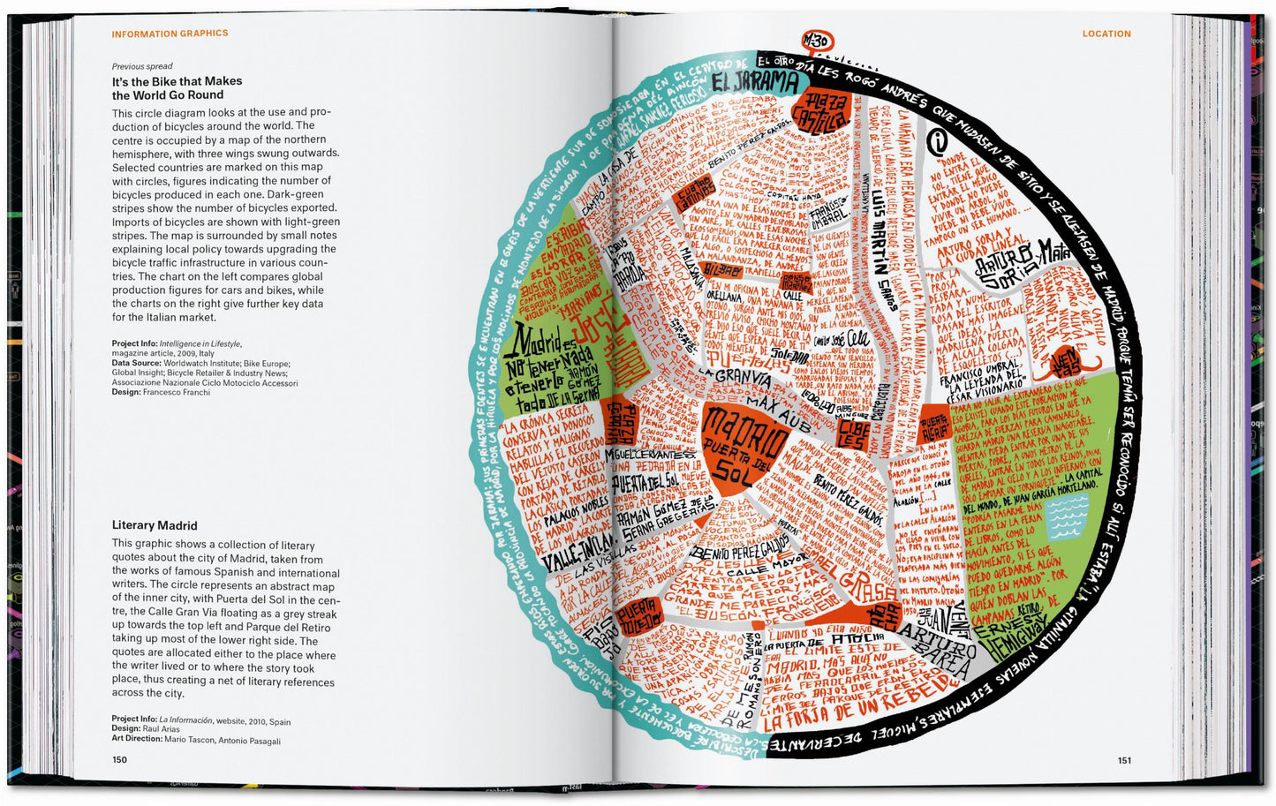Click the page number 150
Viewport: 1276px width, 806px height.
coord(119,759)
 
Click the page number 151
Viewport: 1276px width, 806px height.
coord(1123,760)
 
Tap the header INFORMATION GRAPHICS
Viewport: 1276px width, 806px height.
coord(170,34)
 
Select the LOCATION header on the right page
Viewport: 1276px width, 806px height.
coord(1106,34)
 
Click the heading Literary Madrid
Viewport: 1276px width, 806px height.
coord(155,525)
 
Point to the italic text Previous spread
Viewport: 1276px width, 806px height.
coord(142,66)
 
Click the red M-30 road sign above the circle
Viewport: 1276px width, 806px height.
coord(816,41)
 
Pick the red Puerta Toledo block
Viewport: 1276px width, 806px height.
coord(638,616)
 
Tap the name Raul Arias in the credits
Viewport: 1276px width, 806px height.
coord(159,729)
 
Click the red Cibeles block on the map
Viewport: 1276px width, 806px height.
coord(853,433)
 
